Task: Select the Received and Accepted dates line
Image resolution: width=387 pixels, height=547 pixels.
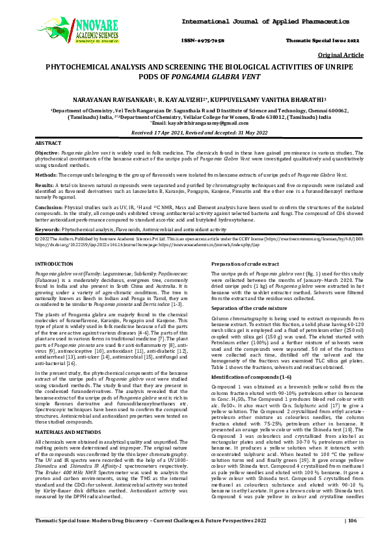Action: [x=193, y=132]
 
